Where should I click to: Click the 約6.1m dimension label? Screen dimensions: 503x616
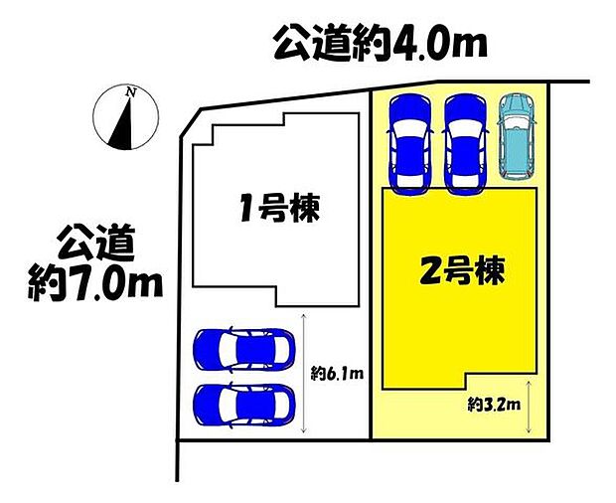click(x=338, y=375)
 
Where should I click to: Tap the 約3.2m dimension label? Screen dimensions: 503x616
click(x=491, y=405)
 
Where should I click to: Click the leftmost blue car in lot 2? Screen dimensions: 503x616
click(x=408, y=142)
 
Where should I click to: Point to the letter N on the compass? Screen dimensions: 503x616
click(x=130, y=92)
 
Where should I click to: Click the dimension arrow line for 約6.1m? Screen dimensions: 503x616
click(x=303, y=378)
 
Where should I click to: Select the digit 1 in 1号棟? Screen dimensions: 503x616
click(x=242, y=210)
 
